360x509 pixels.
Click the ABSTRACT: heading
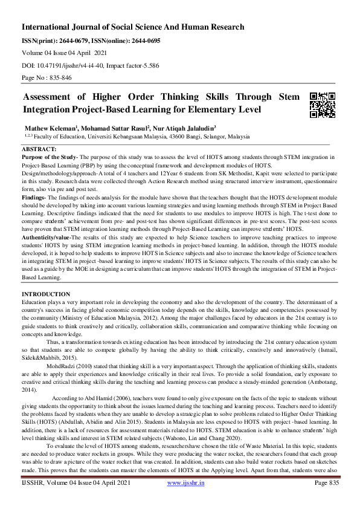[39, 149]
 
